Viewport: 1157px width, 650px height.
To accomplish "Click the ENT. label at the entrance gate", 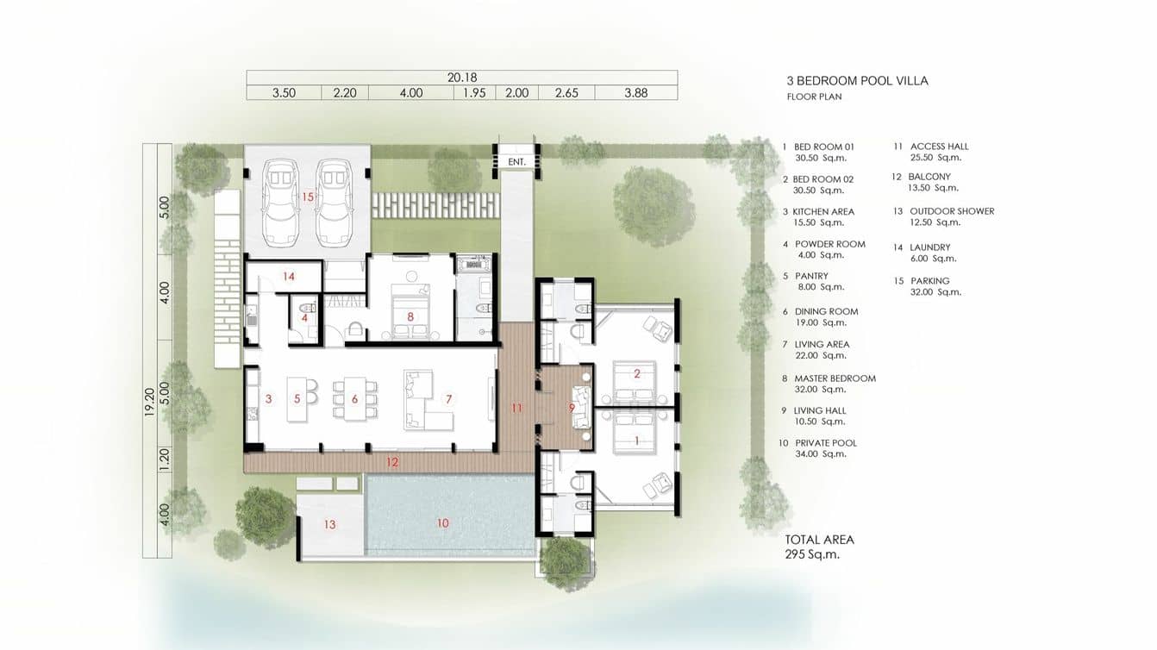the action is [516, 162].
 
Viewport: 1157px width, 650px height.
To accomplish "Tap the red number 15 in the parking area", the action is [308, 197].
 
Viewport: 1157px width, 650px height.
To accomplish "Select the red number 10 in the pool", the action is [442, 523].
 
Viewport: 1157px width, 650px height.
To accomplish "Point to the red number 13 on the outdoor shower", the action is [329, 524].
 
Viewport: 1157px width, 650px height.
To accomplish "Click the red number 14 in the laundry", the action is [289, 277].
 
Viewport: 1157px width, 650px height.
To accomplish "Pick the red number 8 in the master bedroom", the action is [410, 316].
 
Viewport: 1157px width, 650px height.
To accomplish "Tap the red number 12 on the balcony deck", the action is [392, 462].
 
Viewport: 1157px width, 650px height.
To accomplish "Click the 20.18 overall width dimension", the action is [462, 78].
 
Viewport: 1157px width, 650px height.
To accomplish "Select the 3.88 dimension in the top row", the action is [636, 93].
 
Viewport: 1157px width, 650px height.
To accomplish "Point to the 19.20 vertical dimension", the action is [150, 403].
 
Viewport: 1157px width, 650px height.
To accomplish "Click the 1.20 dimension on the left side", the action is [165, 459].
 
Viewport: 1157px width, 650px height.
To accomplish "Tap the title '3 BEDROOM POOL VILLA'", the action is [858, 80].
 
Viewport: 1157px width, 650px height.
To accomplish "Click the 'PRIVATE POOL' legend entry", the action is [826, 443].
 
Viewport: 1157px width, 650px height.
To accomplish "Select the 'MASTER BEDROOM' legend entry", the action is [835, 378].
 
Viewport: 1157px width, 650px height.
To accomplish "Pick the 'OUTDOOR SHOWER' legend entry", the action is [952, 211].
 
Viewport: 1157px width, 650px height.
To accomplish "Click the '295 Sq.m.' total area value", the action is [812, 555].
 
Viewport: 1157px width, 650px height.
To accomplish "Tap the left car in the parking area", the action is [281, 203].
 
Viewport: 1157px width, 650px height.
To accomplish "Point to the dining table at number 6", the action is [355, 398].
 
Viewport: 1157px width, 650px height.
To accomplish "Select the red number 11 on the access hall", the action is [517, 409].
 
